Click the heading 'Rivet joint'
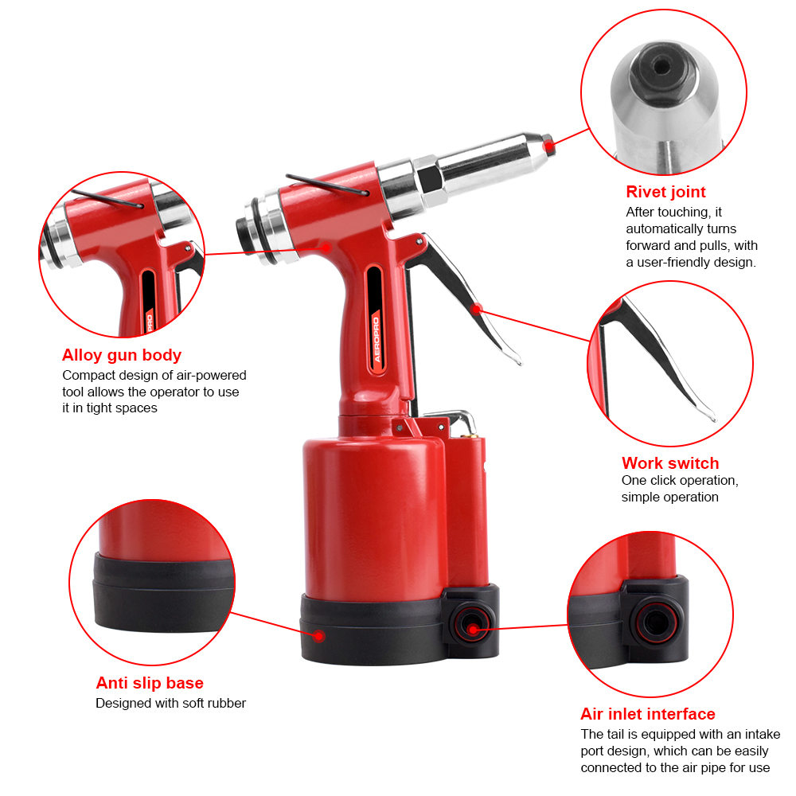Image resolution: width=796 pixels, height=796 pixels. (x=665, y=192)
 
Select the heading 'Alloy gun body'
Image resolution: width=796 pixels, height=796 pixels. (x=121, y=355)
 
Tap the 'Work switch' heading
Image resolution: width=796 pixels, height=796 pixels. (x=670, y=463)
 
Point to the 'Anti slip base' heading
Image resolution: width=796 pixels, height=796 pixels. (x=150, y=683)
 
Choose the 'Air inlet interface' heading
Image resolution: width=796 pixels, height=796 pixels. (x=648, y=714)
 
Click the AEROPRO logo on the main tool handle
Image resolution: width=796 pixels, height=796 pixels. (x=377, y=339)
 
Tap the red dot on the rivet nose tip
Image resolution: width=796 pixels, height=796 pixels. (x=548, y=146)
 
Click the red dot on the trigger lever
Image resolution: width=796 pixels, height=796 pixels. (x=477, y=309)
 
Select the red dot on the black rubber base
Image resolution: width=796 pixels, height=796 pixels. (x=319, y=635)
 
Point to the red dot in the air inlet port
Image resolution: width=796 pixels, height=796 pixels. (x=473, y=630)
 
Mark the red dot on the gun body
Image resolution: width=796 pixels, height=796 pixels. (x=326, y=248)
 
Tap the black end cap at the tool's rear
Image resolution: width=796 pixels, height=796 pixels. (x=244, y=235)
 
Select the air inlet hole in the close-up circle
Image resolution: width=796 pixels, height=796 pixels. (x=656, y=621)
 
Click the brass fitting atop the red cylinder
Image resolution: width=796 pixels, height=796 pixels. (x=469, y=433)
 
